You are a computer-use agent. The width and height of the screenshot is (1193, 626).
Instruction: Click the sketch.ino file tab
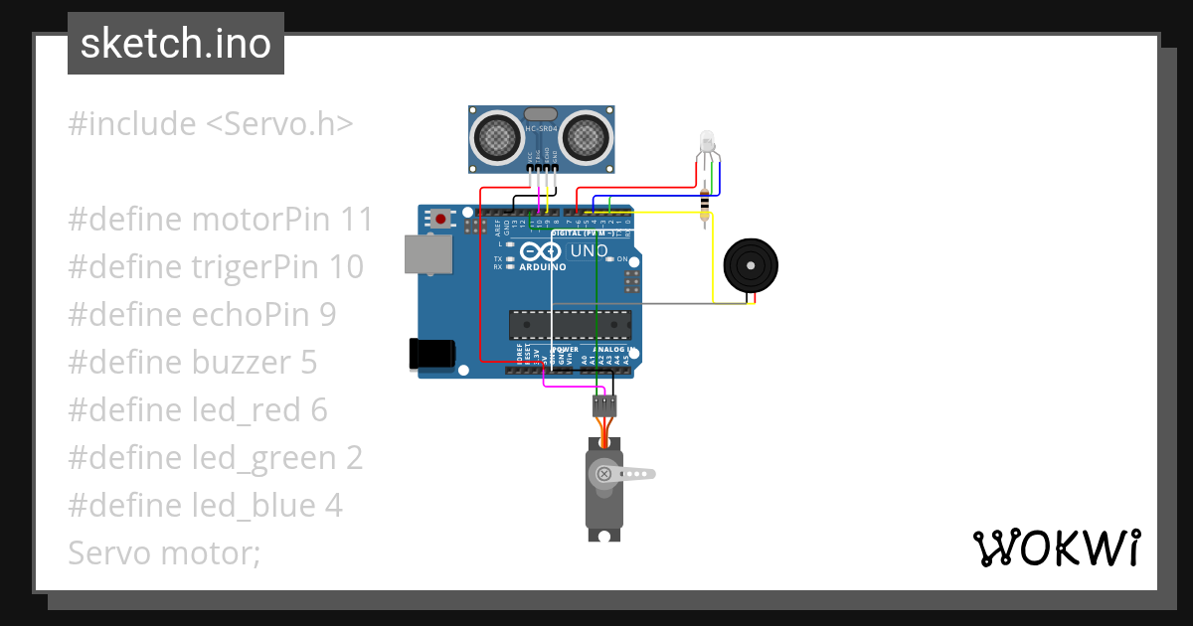pos(175,44)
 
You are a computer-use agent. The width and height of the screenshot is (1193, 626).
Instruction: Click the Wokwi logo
pos(1056,548)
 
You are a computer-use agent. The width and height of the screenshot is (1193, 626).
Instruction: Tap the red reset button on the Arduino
pos(439,218)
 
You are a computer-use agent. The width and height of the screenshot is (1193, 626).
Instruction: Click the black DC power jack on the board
pos(432,354)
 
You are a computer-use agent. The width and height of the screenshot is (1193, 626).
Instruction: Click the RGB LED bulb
pos(707,139)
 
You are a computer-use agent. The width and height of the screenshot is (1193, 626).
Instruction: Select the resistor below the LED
pos(706,205)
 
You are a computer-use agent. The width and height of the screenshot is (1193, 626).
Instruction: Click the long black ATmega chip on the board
pos(570,325)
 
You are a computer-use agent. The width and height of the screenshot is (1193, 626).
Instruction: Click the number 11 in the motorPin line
pos(355,220)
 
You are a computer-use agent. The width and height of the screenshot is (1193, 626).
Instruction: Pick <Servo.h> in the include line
pos(279,124)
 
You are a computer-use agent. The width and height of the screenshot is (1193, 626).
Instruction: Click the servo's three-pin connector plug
pos(603,404)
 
